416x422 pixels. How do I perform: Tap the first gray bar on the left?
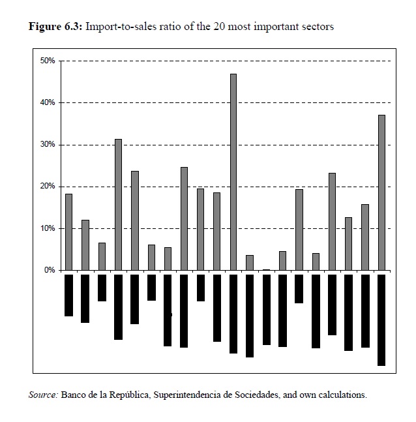pyautogui.click(x=68, y=232)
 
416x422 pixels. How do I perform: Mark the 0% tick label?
pyautogui.click(x=50, y=270)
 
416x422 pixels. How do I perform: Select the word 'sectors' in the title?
pyautogui.click(x=318, y=27)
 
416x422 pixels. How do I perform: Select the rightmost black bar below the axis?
pyautogui.click(x=381, y=320)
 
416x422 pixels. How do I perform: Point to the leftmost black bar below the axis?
pyautogui.click(x=68, y=295)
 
